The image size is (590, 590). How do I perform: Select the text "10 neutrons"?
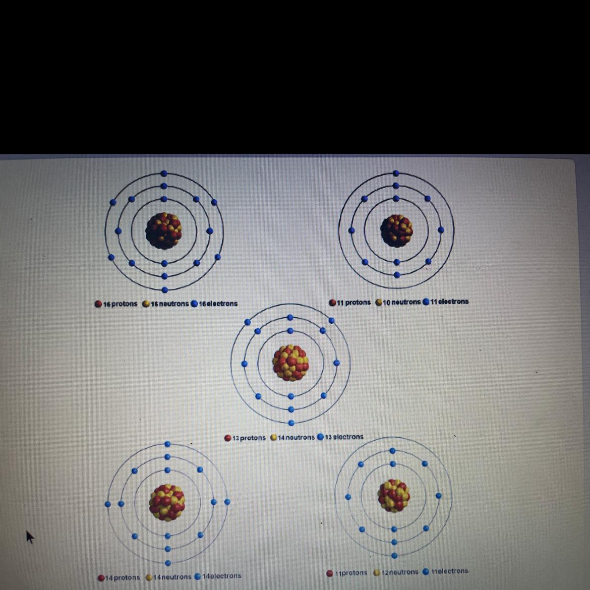[x=401, y=303]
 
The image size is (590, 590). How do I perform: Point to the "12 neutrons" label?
[x=399, y=572]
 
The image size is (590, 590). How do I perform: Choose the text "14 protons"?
[x=123, y=577]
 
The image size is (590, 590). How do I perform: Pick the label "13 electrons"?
[x=344, y=437]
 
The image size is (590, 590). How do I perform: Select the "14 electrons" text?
[x=221, y=576]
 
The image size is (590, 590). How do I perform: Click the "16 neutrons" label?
[x=169, y=304]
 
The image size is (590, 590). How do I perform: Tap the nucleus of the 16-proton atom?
[x=163, y=230]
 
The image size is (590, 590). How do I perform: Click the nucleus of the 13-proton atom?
[x=290, y=362]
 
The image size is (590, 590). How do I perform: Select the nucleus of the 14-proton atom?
[x=167, y=502]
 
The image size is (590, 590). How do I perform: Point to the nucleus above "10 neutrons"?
[x=396, y=230]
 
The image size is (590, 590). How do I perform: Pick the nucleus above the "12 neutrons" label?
[x=394, y=496]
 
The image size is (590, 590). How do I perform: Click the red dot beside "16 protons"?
[x=98, y=304]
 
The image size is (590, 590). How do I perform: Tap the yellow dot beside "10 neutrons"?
[x=378, y=303]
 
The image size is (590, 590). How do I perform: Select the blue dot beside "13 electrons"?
[x=320, y=437]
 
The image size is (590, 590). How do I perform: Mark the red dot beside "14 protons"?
[x=101, y=577]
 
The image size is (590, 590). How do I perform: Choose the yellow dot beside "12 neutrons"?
[x=377, y=573]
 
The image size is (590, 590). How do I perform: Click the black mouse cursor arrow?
[x=29, y=537]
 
